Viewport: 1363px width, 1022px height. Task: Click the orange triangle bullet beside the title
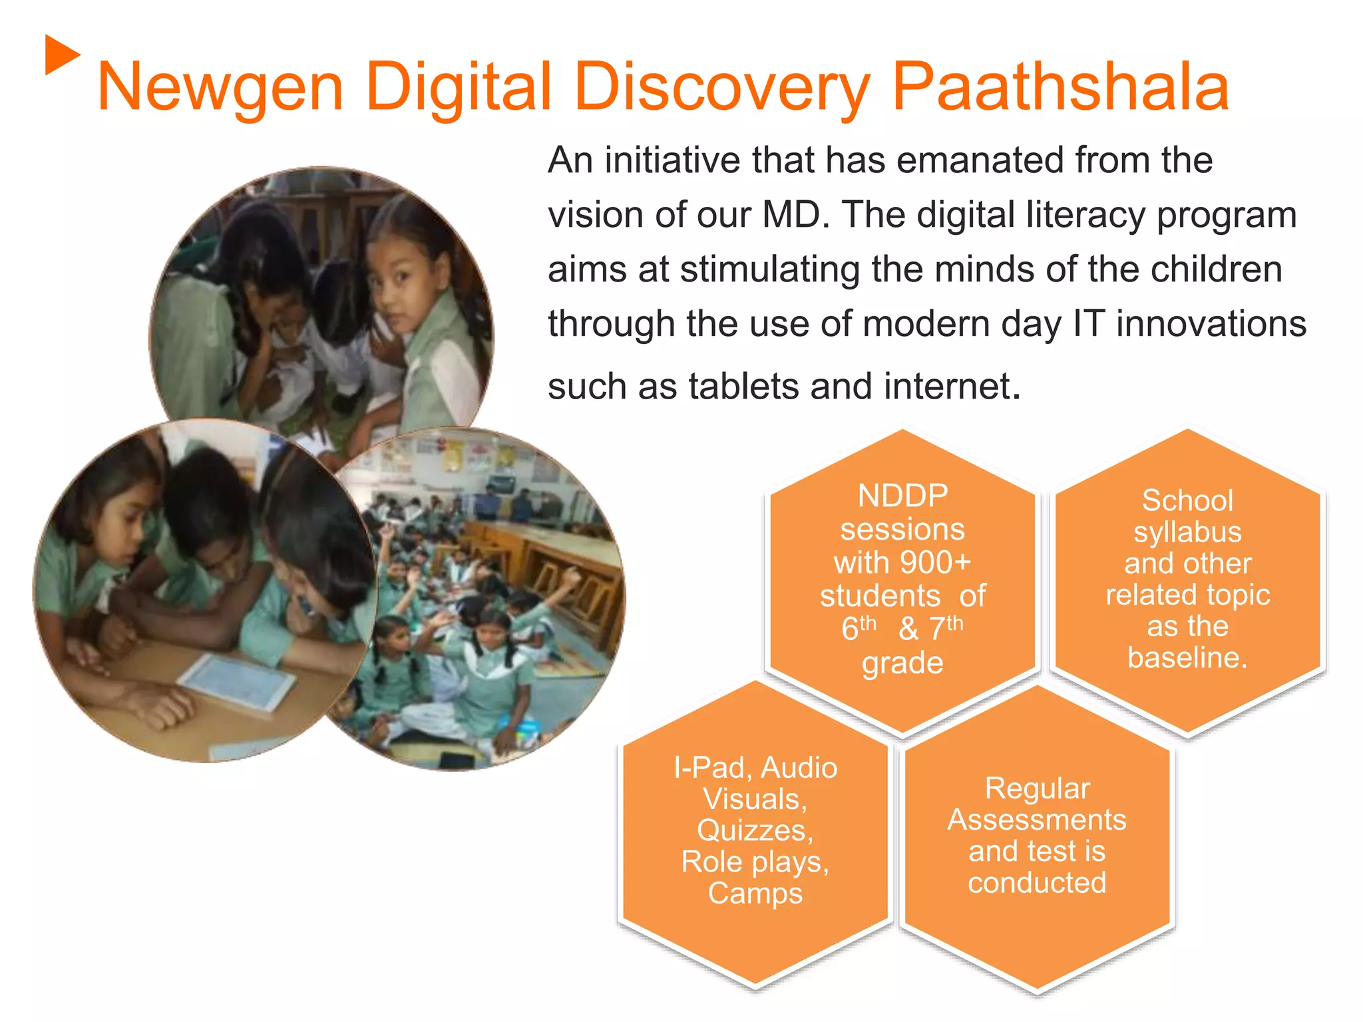click(x=61, y=55)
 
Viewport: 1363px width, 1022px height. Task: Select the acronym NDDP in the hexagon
click(x=902, y=496)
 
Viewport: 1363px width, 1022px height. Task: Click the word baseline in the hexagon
click(x=1186, y=657)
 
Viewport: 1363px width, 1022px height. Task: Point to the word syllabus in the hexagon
click(x=1187, y=532)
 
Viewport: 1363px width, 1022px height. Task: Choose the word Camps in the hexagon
click(x=755, y=894)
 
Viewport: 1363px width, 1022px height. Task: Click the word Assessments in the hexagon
click(x=1037, y=820)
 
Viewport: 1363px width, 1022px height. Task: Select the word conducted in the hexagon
click(x=1037, y=883)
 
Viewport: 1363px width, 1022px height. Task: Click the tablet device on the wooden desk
click(x=236, y=683)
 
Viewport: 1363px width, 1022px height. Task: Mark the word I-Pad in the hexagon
click(x=708, y=768)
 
